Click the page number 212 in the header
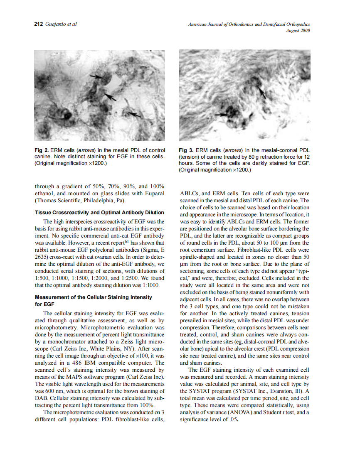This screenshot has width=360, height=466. [x=38, y=24]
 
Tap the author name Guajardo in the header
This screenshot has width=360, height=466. [x=57, y=24]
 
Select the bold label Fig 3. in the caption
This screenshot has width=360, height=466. [x=186, y=150]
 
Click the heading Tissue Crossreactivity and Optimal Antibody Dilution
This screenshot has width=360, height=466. [x=99, y=213]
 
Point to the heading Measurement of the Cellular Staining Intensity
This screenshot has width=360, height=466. [x=94, y=297]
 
